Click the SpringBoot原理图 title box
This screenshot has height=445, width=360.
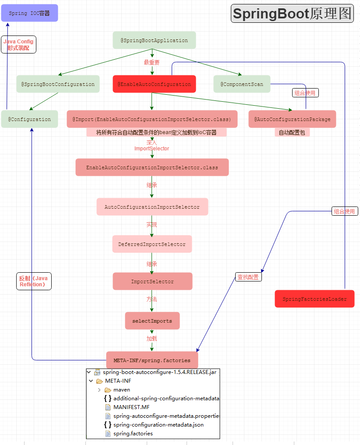(292, 14)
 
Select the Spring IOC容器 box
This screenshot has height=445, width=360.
(29, 13)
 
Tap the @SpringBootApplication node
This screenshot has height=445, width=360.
(154, 40)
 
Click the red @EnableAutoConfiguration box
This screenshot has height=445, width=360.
(154, 84)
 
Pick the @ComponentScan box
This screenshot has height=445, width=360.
(242, 84)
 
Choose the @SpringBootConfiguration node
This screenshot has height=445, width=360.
(58, 84)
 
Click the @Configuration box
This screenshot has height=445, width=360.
(29, 119)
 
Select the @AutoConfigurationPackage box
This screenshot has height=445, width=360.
(292, 119)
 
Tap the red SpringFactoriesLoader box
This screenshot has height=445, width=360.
(314, 299)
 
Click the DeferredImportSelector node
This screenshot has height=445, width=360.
(152, 244)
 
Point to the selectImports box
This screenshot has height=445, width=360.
(152, 321)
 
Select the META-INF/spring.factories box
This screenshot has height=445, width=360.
(152, 360)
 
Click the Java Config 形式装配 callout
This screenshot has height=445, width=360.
(18, 45)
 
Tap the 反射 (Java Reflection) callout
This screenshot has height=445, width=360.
(33, 281)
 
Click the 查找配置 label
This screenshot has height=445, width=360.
(248, 277)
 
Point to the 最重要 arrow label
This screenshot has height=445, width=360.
(152, 62)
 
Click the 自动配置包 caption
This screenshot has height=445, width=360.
(292, 132)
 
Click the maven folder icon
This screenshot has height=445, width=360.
(108, 390)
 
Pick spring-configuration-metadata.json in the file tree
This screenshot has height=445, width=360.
(158, 425)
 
